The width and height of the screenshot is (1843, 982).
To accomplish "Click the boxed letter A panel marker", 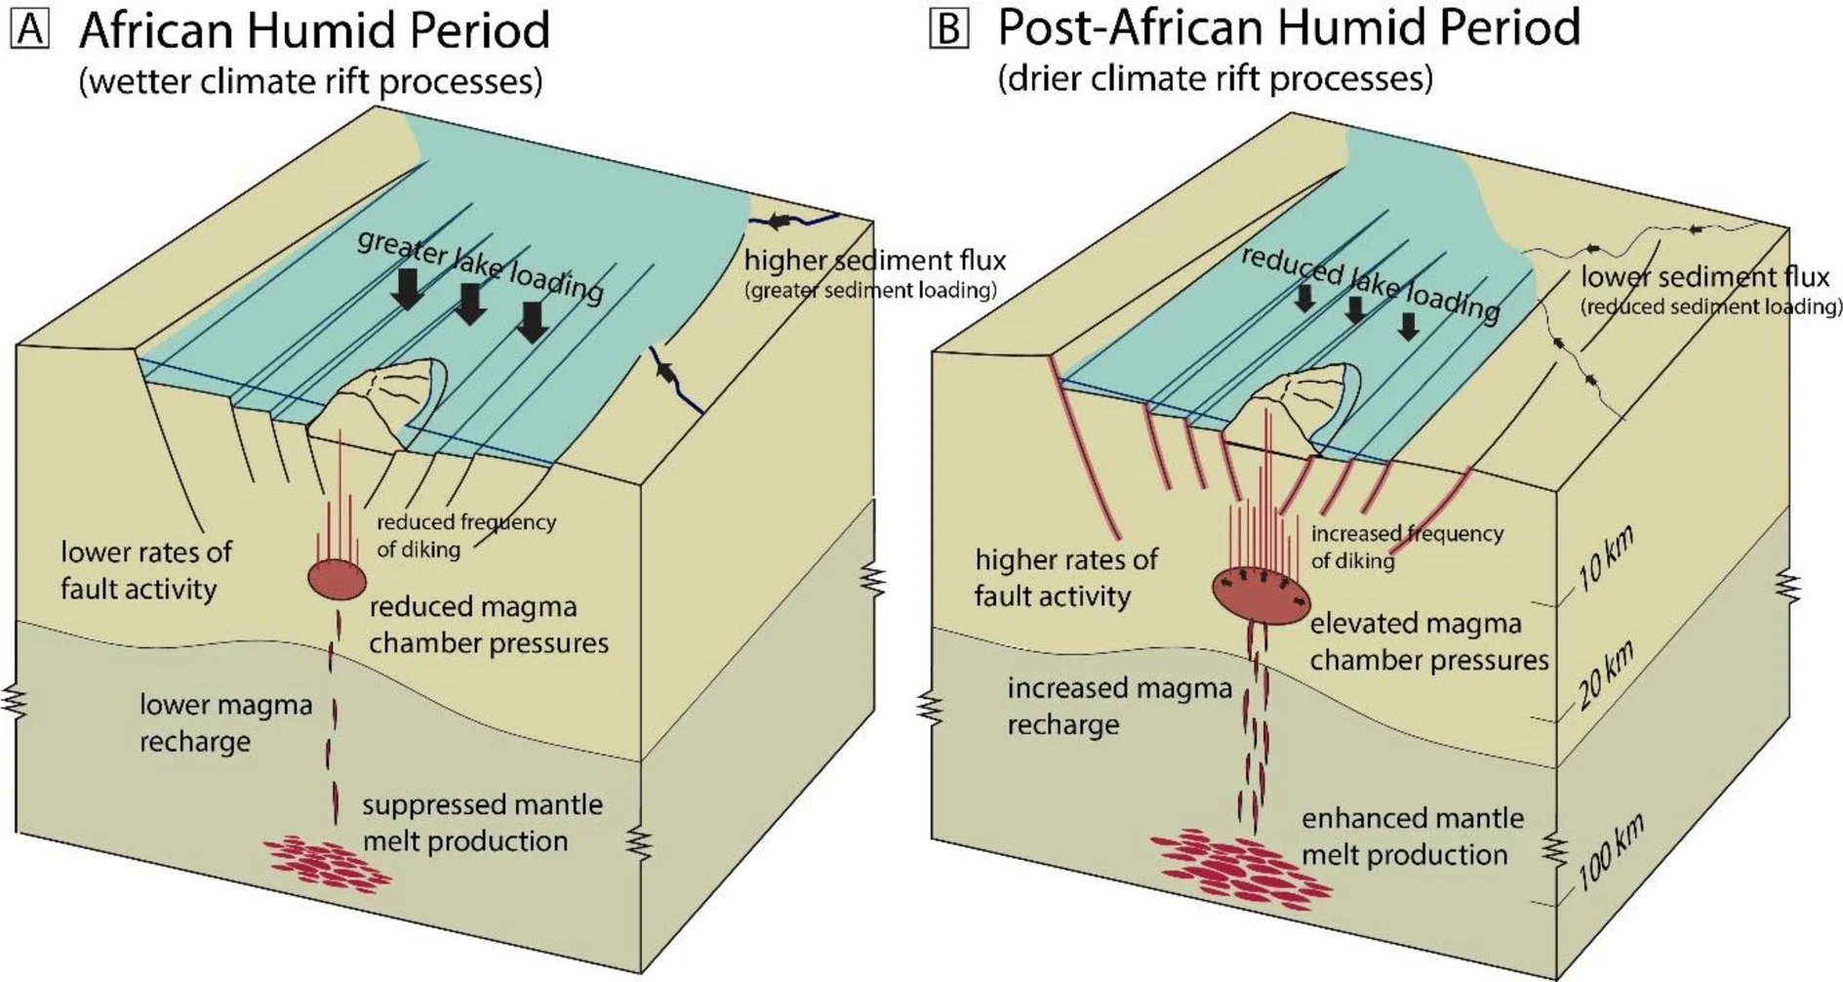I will point(29,29).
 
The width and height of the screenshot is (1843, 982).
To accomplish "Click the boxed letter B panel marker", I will point(948,29).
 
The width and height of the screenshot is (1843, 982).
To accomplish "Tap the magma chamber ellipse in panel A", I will point(338,579).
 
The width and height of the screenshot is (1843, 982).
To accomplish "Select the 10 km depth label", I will point(1604,558).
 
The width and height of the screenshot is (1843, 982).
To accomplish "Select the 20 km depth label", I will point(1605,675).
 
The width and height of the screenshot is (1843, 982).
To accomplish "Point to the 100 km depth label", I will point(1610,851).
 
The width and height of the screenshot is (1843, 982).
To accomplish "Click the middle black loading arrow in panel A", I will point(471,304).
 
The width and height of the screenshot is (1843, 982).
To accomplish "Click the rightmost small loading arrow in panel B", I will point(1408,325).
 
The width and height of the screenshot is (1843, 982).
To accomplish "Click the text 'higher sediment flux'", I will point(874,261).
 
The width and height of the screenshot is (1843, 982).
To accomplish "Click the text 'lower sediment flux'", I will point(1704,277).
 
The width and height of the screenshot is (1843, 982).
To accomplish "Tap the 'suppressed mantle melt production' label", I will point(482,823).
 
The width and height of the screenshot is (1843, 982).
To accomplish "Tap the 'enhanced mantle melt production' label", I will point(1411,837).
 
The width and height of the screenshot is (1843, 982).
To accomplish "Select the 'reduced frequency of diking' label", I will point(465,535).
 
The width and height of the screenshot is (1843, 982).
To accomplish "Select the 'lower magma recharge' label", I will point(225,722).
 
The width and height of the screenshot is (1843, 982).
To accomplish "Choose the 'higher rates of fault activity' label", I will point(1065,577).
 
